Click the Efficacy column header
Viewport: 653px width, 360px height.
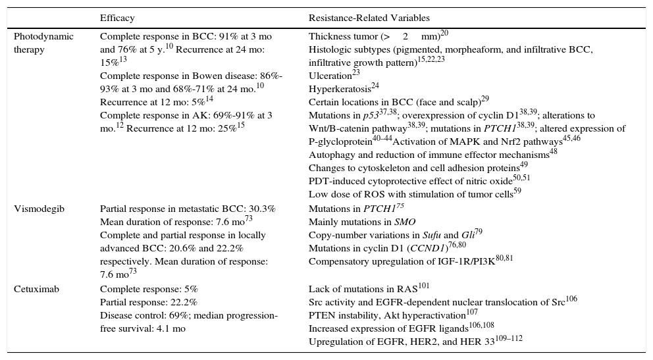click(117, 18)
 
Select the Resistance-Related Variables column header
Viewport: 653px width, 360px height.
click(369, 18)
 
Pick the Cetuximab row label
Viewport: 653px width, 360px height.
click(35, 289)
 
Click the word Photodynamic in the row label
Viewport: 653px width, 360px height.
click(43, 36)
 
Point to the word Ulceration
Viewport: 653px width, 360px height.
click(330, 76)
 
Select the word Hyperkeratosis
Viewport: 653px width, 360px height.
click(335, 89)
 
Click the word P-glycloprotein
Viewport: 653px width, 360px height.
click(339, 141)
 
